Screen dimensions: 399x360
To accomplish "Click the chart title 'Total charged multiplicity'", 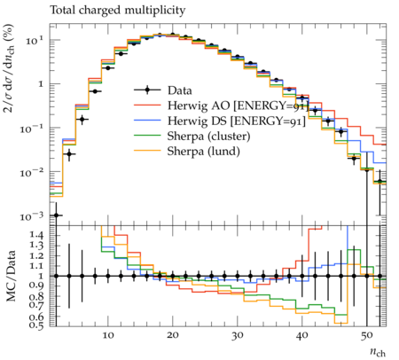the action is [x=118, y=11].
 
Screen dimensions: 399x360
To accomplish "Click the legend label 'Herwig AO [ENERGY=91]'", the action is [x=238, y=106].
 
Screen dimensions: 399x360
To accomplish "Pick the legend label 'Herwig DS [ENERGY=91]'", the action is [x=237, y=121].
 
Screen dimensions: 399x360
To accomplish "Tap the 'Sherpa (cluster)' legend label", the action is [x=208, y=137].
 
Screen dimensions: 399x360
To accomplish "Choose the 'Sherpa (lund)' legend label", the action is [x=204, y=152].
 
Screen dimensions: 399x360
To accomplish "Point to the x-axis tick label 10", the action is [x=108, y=335].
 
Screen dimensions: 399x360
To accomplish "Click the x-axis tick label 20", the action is [x=173, y=335].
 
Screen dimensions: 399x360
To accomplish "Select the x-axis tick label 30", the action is [x=238, y=335].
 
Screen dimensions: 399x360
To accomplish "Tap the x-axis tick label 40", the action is [x=301, y=335].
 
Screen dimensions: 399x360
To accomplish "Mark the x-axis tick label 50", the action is [x=366, y=335].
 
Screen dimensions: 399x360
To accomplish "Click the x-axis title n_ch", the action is [x=378, y=352].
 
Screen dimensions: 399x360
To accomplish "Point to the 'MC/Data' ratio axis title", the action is [x=12, y=276].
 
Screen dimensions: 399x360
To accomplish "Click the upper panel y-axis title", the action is [x=9, y=68].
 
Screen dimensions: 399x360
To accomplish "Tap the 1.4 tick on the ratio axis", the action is [x=35, y=236].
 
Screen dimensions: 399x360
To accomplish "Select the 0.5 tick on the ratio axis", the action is [x=35, y=325].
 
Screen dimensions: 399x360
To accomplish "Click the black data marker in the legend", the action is [x=147, y=90].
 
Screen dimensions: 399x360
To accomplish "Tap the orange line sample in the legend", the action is [x=147, y=152].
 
